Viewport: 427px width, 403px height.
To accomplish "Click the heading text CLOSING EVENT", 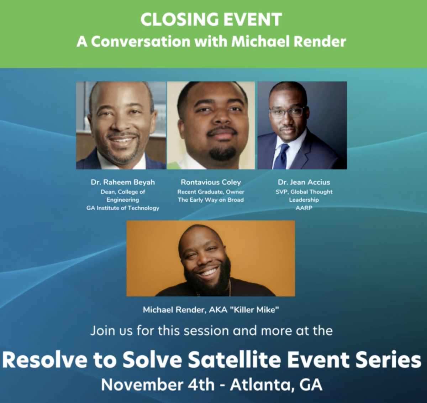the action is pos(211,19).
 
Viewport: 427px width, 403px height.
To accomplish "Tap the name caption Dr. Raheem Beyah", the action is pos(123,182).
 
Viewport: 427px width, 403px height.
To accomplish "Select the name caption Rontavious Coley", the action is pos(211,182).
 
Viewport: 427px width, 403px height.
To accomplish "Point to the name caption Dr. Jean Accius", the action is pos(304,182).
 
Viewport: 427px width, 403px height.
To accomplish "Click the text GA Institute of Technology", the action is pos(123,208).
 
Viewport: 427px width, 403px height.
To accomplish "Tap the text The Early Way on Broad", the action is pos(211,200).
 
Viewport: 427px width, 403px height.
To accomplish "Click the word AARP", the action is pos(304,208).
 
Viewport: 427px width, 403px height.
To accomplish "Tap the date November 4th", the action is pos(158,385).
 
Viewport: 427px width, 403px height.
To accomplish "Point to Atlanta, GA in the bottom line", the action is pos(276,385).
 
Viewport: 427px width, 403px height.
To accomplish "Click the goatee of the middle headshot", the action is pos(222,153).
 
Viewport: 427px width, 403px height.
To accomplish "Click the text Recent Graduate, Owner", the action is pos(211,192).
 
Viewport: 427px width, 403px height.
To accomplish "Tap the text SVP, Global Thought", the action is pos(304,192).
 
